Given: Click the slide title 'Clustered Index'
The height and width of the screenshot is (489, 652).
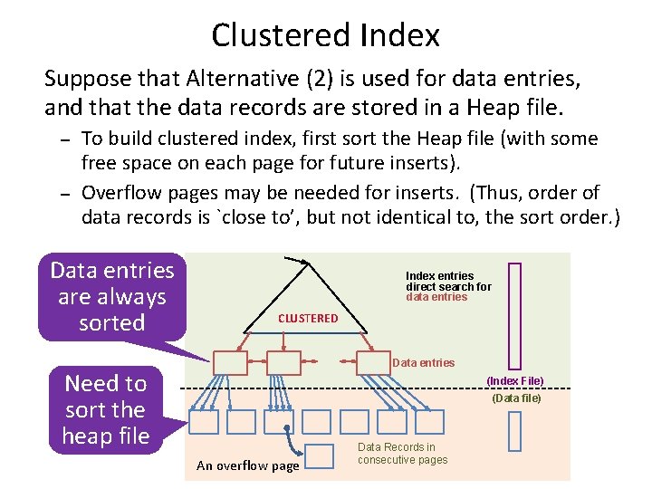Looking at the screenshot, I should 326,35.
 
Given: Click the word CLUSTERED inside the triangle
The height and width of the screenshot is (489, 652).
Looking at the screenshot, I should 308,318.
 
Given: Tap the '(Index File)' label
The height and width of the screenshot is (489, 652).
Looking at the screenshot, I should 515,381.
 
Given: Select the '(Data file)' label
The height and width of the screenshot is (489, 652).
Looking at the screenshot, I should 516,398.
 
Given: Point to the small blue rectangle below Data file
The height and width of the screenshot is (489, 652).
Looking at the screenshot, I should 515,431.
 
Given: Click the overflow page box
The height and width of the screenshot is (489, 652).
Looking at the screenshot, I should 320,455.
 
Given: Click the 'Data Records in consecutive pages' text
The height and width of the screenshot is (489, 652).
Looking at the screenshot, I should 402,454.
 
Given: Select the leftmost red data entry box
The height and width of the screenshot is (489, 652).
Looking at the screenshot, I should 229,362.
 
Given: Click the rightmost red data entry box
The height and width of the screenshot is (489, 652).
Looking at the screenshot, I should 374,362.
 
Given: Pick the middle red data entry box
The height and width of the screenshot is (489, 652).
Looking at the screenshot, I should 283,362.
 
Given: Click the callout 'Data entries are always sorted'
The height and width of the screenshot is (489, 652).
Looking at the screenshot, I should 111,296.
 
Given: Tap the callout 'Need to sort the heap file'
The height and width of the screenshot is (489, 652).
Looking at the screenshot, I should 105,409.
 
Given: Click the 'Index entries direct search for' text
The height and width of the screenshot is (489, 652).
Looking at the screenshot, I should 448,282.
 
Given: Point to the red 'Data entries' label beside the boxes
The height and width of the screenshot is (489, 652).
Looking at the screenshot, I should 423,362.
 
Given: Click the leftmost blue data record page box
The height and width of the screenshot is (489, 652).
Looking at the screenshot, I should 205,422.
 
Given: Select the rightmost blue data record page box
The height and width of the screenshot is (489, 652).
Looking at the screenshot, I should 430,422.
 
